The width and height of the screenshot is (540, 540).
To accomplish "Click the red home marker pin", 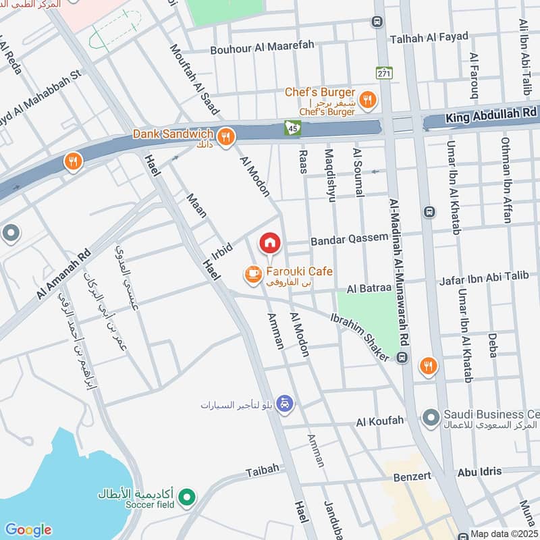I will click(269, 242).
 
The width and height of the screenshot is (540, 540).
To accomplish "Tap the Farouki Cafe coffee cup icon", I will click(253, 273).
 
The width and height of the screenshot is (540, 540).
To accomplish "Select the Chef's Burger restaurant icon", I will click(367, 101).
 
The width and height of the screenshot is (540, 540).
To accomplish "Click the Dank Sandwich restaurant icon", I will click(225, 137).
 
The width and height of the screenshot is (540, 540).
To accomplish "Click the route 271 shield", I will click(384, 73).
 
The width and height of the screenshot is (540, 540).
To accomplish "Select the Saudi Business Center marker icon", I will click(431, 418).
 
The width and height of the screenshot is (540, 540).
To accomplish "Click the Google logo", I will click(28, 529).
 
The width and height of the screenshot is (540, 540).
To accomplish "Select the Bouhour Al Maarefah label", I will click(262, 48).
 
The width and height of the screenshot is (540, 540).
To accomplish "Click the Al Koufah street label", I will click(379, 421).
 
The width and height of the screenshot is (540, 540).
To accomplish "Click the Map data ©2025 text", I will click(504, 533).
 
